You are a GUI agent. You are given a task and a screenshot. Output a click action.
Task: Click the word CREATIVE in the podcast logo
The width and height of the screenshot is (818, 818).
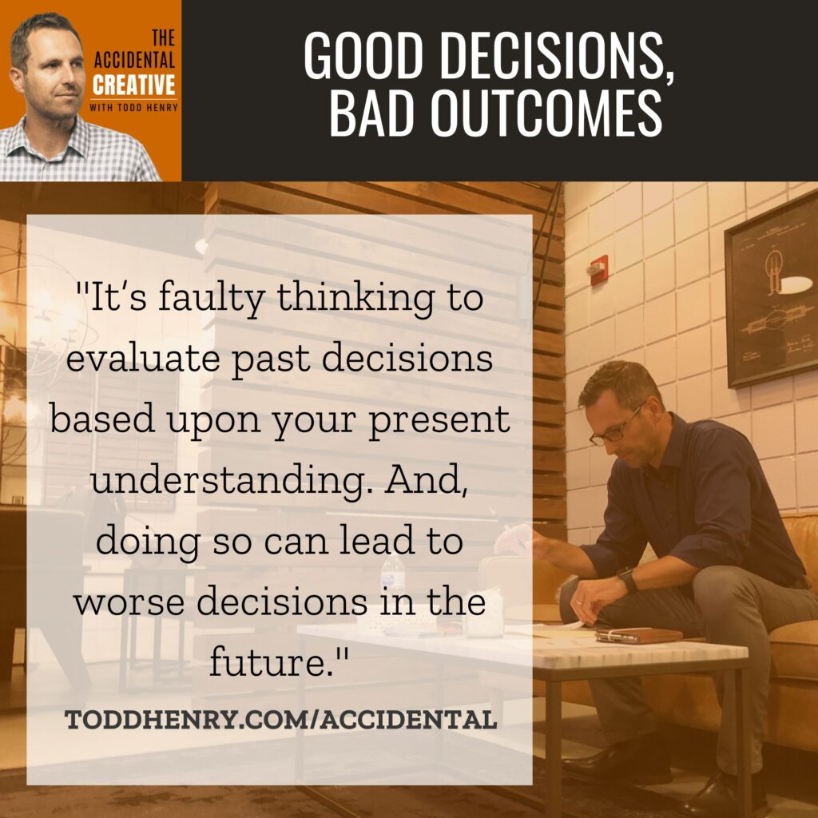point(134,85)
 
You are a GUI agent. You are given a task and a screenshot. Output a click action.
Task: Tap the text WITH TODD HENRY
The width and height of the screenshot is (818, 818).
point(133,108)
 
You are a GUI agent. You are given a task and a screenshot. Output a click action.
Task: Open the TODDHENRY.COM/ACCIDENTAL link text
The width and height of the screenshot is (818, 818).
point(280,721)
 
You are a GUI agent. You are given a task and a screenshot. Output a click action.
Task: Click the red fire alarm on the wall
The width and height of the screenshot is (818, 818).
point(598,270)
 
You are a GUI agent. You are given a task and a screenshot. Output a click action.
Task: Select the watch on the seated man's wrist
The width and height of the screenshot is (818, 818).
point(628,580)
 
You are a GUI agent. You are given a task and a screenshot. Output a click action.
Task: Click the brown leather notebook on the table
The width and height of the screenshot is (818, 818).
point(639,634)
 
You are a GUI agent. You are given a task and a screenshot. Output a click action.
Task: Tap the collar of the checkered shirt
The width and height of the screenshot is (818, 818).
point(62,137)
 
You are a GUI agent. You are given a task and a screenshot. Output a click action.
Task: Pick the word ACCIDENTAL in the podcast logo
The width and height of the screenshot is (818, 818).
point(134,60)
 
